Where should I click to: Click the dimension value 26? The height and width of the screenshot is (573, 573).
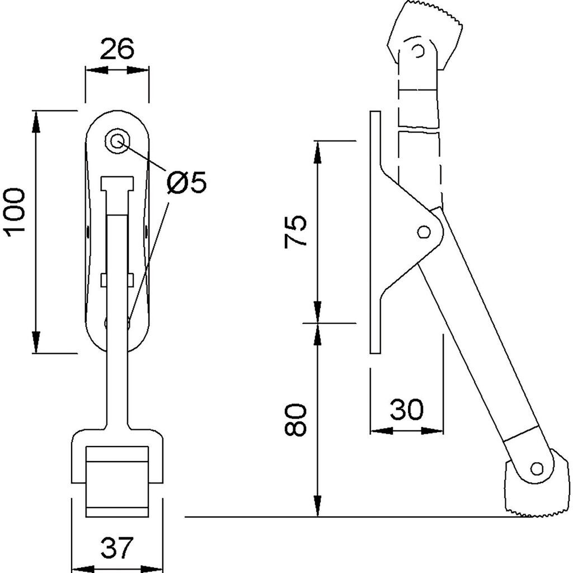point(118,50)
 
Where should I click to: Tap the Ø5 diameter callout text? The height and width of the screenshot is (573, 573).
point(186,182)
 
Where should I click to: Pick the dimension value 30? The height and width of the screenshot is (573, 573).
point(407,410)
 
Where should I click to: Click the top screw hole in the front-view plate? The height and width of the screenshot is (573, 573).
point(118,142)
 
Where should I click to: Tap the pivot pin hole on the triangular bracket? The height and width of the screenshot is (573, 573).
point(424,231)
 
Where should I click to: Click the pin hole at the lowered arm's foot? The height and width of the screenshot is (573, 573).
point(537,468)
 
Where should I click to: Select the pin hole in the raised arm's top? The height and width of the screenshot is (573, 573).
point(416,51)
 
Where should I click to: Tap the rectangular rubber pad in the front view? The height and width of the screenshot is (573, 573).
point(118,482)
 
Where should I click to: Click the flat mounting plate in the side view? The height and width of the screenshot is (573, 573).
point(375,232)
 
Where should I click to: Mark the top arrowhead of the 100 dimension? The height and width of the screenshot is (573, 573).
point(36,120)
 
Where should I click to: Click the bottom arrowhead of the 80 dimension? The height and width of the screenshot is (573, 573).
point(317,507)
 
